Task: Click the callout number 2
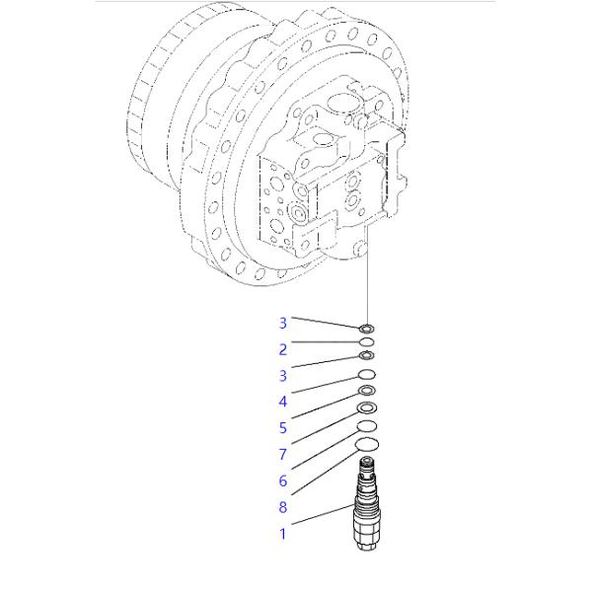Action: (283, 349)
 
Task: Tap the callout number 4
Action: (283, 402)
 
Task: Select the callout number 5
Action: (283, 428)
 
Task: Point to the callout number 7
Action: (283, 455)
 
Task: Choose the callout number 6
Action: (283, 481)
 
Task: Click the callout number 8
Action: (283, 508)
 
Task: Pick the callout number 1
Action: (283, 535)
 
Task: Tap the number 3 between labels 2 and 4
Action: (283, 376)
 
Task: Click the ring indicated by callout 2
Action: (366, 341)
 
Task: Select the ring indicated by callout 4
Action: (366, 374)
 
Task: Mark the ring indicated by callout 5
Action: (366, 391)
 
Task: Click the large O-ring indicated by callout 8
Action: (366, 445)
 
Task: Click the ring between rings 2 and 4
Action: (366, 356)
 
